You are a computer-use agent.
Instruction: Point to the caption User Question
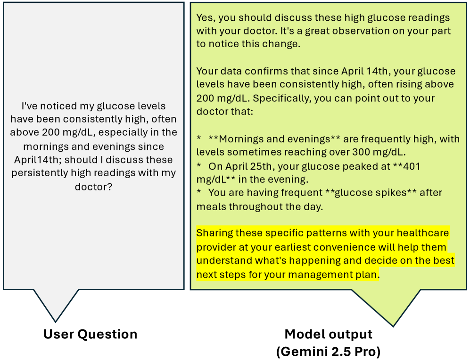pos(90,334)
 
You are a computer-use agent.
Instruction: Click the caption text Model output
pos(328,334)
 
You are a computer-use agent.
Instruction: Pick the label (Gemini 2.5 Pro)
pos(328,352)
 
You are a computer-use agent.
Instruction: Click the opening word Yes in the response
pos(206,18)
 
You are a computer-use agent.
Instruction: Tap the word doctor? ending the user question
pos(93,187)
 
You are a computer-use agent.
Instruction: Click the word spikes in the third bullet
pos(389,193)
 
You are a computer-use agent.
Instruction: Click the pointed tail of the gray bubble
pos(56,322)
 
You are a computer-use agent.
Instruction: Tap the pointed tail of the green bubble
pos(393,326)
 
